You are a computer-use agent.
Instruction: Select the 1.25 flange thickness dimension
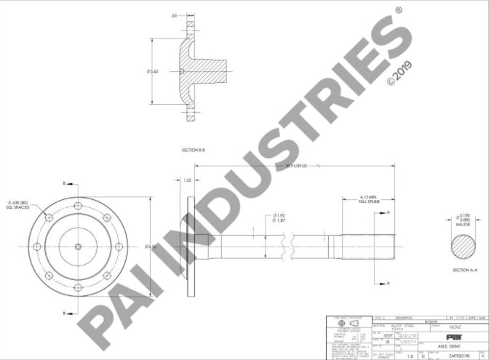[x=187, y=179]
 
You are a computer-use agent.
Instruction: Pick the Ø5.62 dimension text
[x=151, y=71]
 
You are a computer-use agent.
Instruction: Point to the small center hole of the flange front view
[x=78, y=247]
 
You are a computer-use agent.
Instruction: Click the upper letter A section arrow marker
[x=389, y=212]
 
